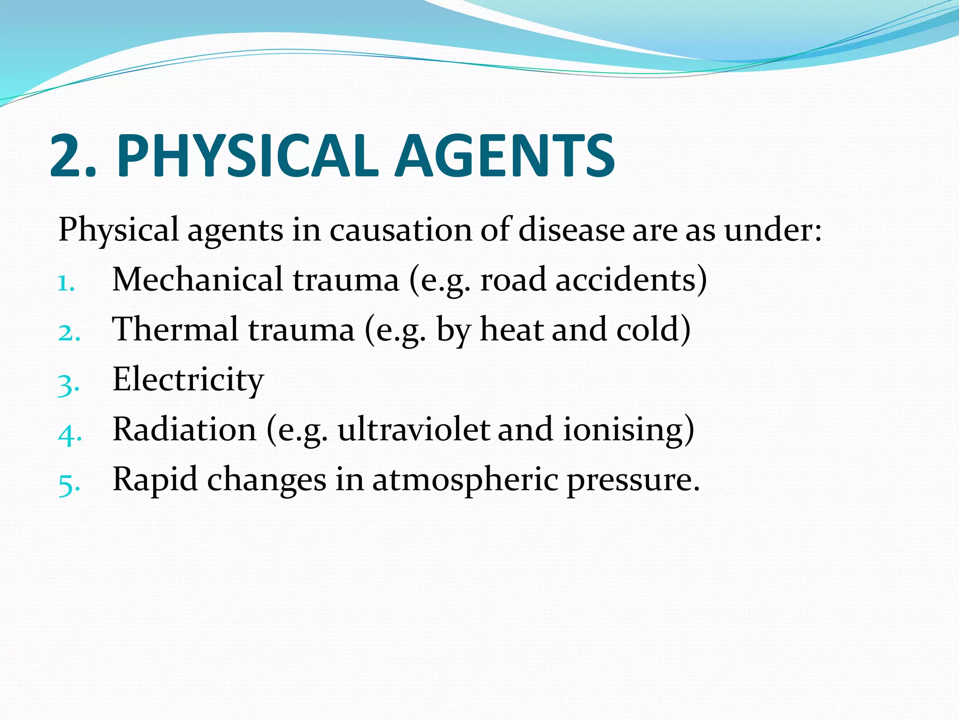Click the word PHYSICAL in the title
247,156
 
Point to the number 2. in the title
73,156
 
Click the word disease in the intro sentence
571,230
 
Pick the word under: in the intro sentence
773,230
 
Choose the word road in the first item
513,280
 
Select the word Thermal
176,329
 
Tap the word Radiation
184,429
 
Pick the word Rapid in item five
155,480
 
